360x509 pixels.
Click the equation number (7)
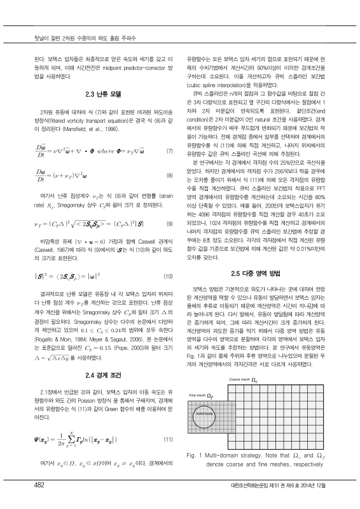(x=169, y=151)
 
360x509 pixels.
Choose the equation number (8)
(x=169, y=174)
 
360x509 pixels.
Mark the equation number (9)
(x=169, y=223)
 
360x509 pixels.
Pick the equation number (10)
(x=169, y=276)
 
